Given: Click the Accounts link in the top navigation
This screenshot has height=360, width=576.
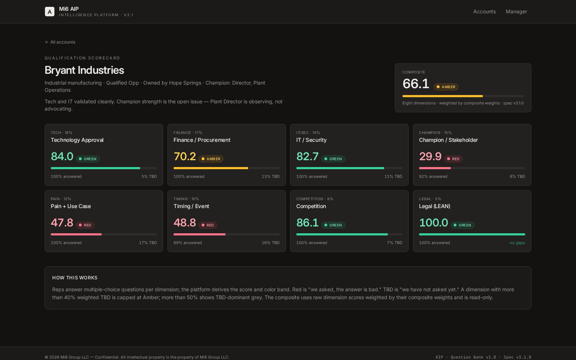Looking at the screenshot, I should click(x=484, y=12).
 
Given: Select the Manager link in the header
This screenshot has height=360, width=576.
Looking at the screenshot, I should click(x=516, y=12).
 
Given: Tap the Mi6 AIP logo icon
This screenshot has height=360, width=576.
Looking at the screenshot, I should click(x=50, y=12).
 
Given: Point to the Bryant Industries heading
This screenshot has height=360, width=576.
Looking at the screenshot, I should click(x=84, y=70).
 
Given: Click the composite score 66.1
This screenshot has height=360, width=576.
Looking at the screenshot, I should click(x=416, y=84).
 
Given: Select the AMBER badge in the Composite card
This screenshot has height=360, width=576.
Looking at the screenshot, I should click(x=446, y=87).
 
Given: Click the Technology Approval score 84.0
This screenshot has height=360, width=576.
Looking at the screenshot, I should click(x=62, y=157).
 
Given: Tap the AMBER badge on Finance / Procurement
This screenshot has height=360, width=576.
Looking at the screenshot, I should click(x=211, y=159).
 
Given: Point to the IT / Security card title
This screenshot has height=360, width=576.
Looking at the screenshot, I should click(x=311, y=140).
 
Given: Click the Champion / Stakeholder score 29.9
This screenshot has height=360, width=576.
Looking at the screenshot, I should click(x=430, y=157).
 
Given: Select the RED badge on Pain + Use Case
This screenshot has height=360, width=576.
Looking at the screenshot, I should click(x=85, y=225).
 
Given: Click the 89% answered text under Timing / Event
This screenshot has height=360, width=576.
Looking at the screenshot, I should click(x=188, y=243).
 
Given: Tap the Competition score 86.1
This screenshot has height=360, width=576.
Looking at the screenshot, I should click(x=307, y=223).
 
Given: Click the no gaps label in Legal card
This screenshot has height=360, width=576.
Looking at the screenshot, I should click(x=517, y=243).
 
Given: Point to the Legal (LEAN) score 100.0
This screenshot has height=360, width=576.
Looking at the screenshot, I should click(x=433, y=223).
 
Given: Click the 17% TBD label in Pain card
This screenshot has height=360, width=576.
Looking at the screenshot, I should click(x=148, y=243).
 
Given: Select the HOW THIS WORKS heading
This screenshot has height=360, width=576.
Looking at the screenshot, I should click(x=75, y=278).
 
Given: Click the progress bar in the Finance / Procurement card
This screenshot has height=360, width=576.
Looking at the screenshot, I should click(x=226, y=168).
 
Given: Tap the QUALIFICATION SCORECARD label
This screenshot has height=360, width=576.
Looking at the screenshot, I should click(x=82, y=58).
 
